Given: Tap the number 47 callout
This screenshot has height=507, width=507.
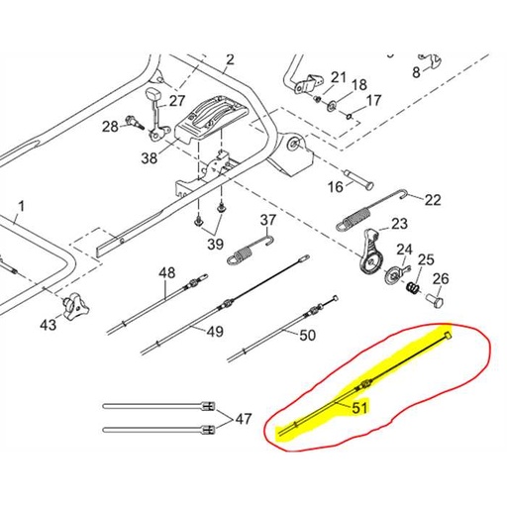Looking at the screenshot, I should point(242,418).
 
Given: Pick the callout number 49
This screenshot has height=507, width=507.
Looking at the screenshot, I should point(214,335).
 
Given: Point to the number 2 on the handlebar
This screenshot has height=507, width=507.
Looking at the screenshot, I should point(230,60).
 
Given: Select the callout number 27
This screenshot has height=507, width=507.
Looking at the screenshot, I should point(176,100).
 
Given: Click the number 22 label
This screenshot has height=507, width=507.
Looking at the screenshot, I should point(433,200).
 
